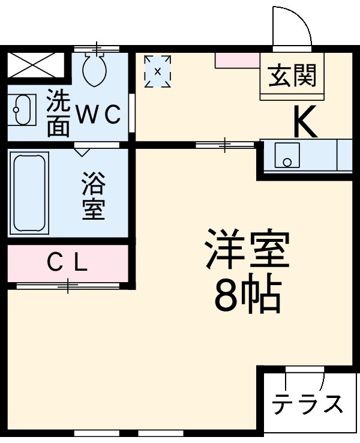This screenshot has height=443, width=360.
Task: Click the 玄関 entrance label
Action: pyautogui.click(x=292, y=77)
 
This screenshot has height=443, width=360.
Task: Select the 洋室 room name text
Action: pyautogui.click(x=247, y=249)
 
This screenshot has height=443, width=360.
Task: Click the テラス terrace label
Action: pyautogui.click(x=308, y=405)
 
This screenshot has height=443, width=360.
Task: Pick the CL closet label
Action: pyautogui.click(x=67, y=262)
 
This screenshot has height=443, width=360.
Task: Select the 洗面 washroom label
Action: pyautogui.click(x=58, y=113)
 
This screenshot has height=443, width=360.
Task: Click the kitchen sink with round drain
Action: pyautogui.click(x=287, y=155)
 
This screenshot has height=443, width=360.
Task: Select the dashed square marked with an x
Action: pyautogui.click(x=158, y=71)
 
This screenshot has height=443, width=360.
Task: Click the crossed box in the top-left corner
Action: pyautogui.click(x=35, y=65)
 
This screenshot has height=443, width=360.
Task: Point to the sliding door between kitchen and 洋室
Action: pyautogui.click(x=225, y=144)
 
